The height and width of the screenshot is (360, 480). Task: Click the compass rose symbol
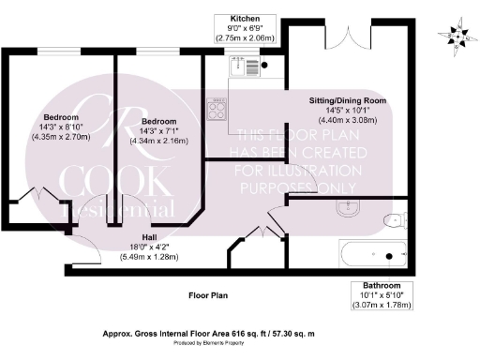[457, 36]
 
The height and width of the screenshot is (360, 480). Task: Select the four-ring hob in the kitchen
[218, 109]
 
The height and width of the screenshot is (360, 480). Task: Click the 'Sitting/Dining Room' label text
[348, 99]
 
